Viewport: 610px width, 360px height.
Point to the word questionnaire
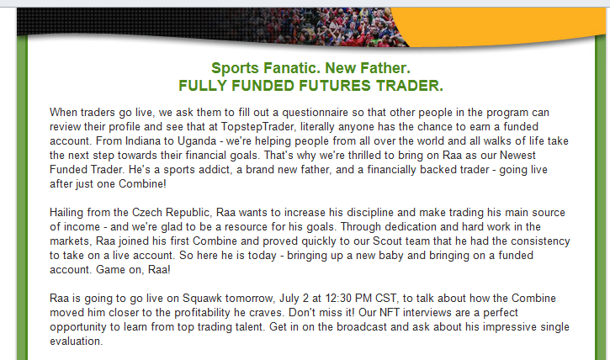[x=316, y=113]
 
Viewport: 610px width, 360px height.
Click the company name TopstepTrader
[x=257, y=127]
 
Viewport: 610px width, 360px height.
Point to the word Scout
[x=387, y=241]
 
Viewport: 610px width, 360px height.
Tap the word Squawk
[x=202, y=299]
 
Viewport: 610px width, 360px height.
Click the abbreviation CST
[x=385, y=299]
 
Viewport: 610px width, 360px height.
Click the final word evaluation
[x=75, y=341]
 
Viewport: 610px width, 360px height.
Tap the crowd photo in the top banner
[x=331, y=26]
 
